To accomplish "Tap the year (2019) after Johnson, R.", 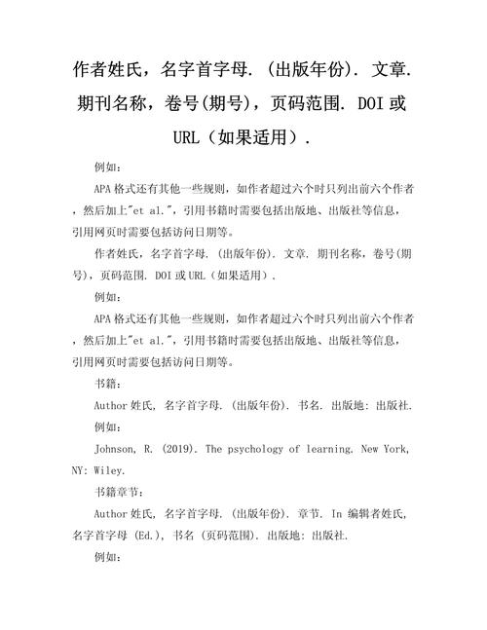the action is coord(182,449).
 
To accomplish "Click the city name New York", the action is coord(393,449).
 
